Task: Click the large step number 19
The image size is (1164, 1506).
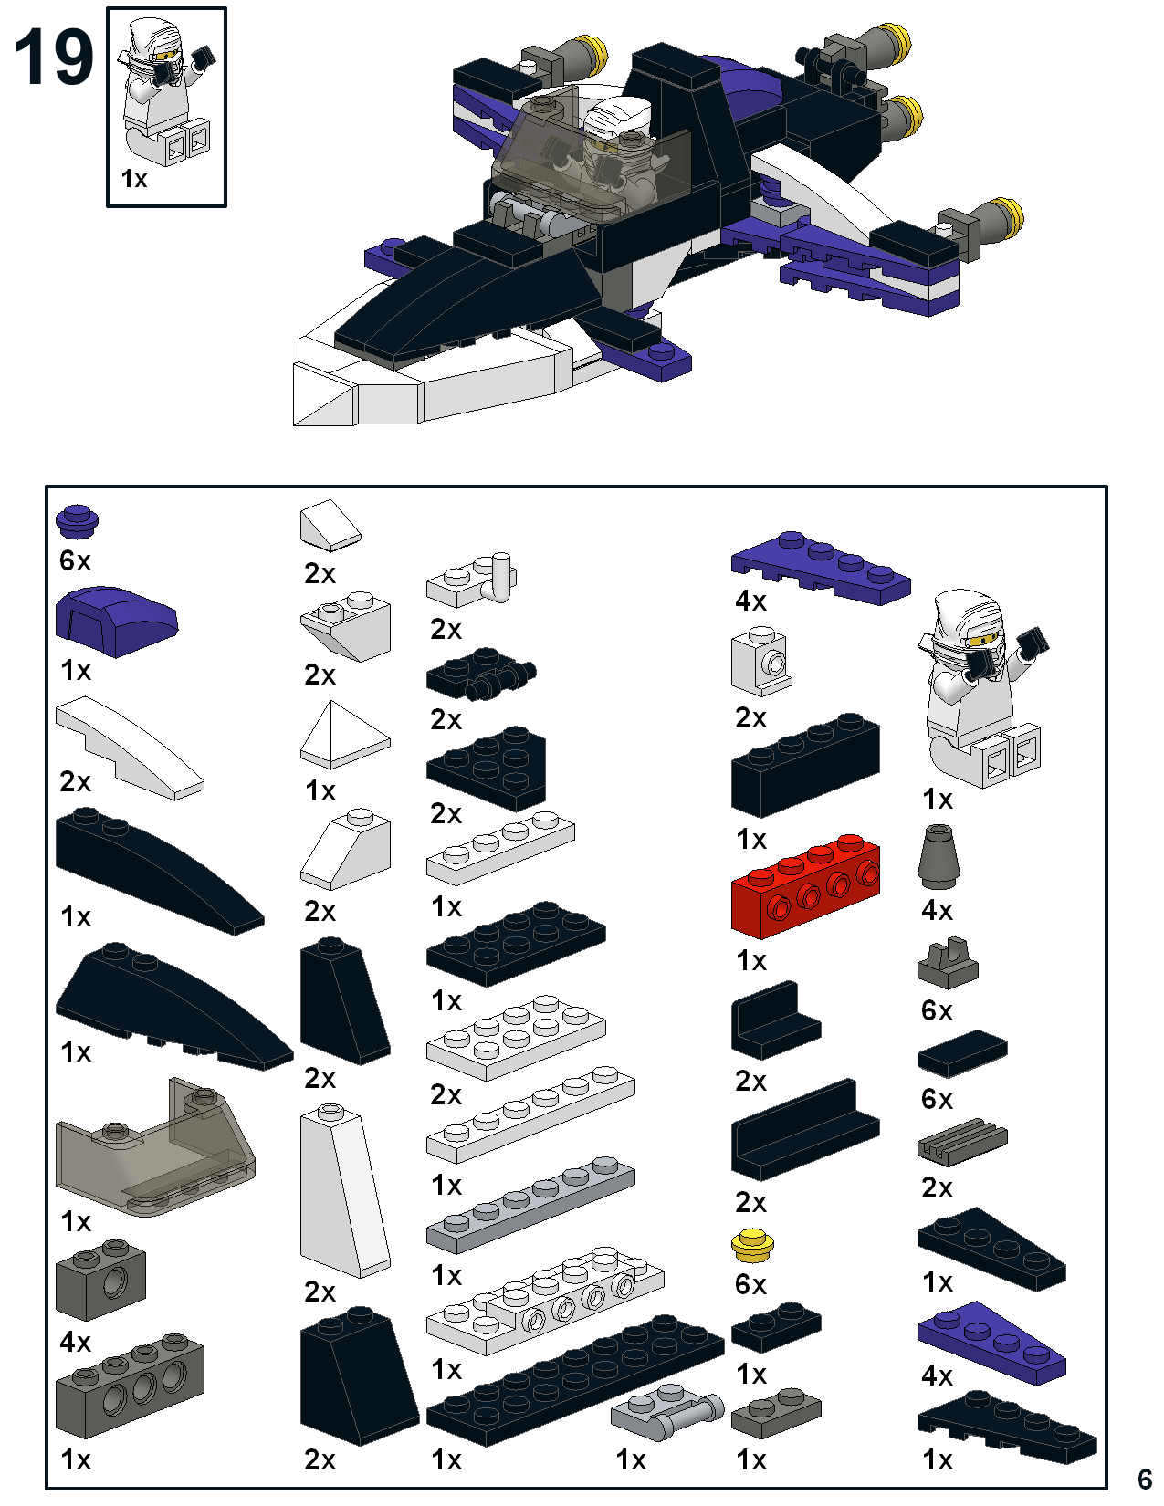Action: tap(54, 58)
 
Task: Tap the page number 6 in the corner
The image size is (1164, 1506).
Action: tap(1145, 1478)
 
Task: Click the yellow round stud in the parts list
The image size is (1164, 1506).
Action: tap(753, 1244)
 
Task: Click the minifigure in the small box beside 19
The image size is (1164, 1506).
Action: tap(165, 91)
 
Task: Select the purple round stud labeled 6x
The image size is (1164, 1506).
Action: tap(78, 521)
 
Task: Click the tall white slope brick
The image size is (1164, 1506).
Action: tap(343, 1191)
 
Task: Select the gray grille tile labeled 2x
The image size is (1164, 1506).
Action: tap(961, 1143)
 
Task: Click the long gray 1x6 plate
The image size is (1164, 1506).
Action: tap(530, 1206)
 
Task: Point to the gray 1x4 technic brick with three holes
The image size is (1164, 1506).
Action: tap(129, 1387)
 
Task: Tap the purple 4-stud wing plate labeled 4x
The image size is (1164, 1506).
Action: tap(820, 568)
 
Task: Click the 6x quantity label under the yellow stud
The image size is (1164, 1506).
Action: tap(750, 1284)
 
